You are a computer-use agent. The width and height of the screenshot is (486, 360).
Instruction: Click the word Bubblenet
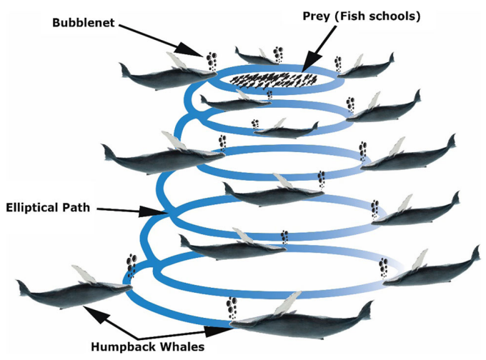[84, 23]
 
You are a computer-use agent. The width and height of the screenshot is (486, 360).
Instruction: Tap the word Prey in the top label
[316, 16]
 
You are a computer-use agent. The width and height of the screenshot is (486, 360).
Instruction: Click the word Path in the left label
[76, 207]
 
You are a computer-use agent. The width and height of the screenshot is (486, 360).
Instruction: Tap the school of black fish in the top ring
[273, 81]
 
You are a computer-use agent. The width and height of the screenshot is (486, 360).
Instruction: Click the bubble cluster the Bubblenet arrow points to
[212, 61]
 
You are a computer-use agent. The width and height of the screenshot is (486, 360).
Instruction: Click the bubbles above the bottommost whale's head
[232, 307]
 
